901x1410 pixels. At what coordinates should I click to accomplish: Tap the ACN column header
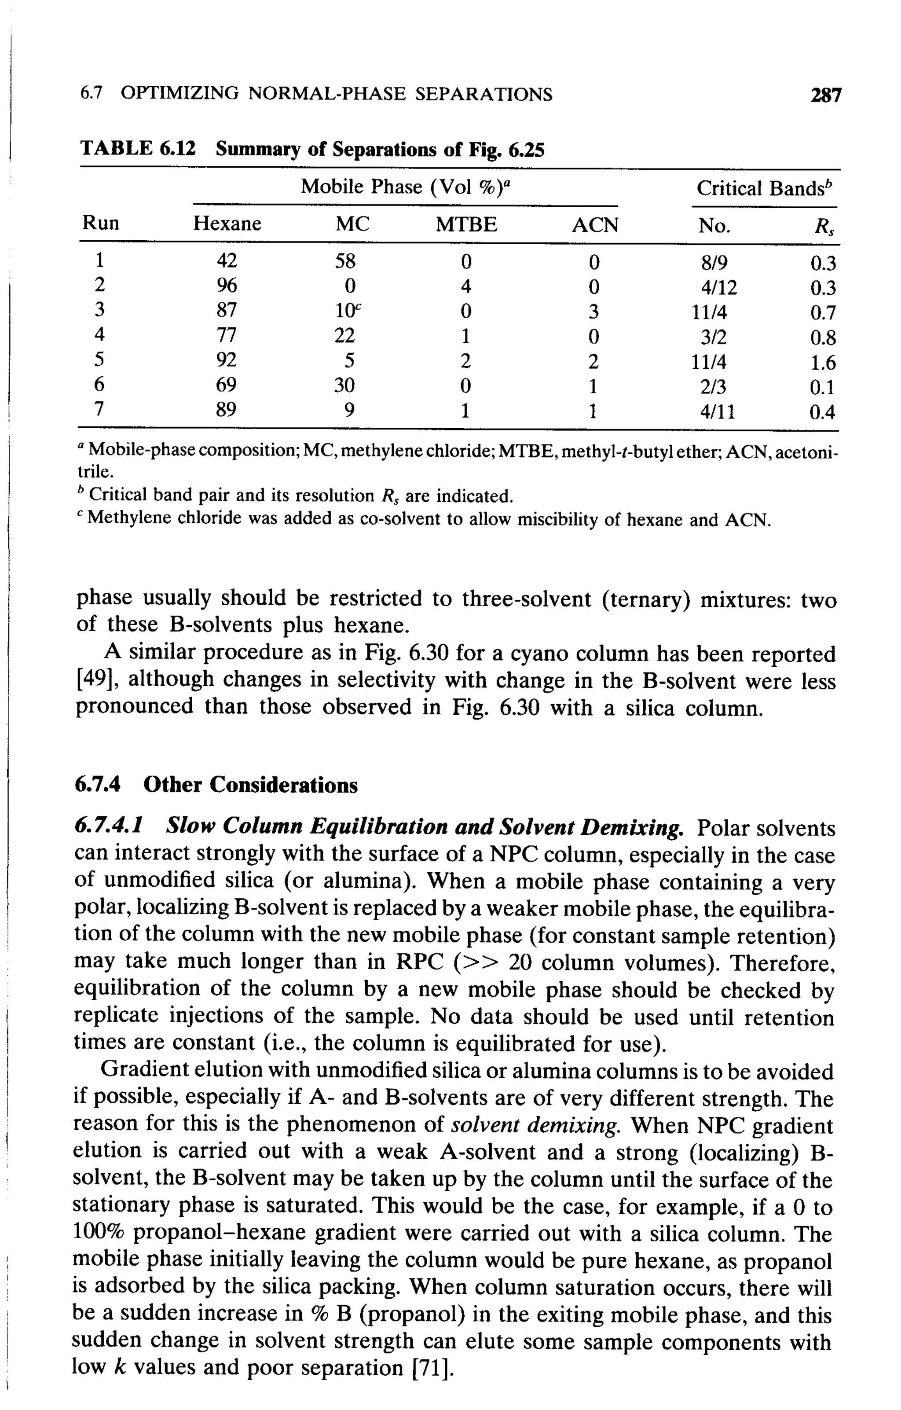coord(595,225)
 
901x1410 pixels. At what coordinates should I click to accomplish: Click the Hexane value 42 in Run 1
coord(227,261)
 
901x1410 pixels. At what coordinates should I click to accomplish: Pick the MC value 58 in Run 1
coord(345,261)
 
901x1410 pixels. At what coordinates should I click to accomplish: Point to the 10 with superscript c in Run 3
coord(345,311)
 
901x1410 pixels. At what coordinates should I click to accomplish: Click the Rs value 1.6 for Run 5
coord(823,363)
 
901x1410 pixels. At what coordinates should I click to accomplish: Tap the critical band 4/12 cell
coord(719,287)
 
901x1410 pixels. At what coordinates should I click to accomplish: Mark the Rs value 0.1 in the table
coord(823,388)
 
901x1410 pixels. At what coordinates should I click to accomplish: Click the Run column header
coord(100,224)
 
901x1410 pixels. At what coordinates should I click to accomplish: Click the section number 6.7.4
coord(97,785)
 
